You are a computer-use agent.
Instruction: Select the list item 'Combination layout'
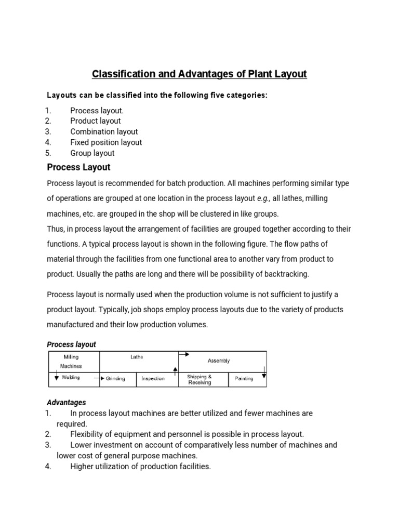click(x=104, y=131)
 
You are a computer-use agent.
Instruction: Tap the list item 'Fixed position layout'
click(x=106, y=142)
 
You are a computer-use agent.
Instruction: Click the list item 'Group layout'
click(x=92, y=153)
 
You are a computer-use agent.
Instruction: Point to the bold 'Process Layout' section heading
click(x=78, y=167)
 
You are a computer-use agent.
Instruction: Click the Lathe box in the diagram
click(x=137, y=357)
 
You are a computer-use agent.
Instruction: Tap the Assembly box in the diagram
click(x=219, y=361)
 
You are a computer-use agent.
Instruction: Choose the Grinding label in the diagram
click(x=115, y=379)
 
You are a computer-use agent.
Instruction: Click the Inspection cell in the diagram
click(x=153, y=379)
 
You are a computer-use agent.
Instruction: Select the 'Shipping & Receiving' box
click(x=199, y=380)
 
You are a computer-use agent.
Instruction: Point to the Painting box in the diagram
click(x=244, y=379)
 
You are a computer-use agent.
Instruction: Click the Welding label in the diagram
click(x=71, y=378)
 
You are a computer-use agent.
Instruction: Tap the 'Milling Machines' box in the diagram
click(x=72, y=362)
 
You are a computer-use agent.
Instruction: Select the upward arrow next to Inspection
click(x=175, y=370)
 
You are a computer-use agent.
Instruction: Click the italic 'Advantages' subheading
click(x=66, y=403)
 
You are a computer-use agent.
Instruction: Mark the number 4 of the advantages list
click(x=47, y=467)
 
